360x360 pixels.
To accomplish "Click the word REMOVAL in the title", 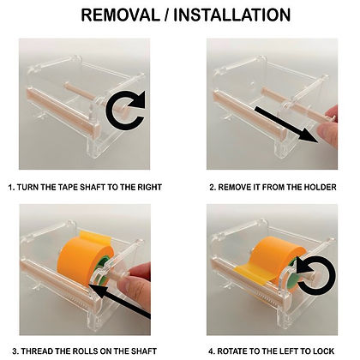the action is pyautogui.click(x=120, y=15).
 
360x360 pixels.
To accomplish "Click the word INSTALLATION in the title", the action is pyautogui.click(x=232, y=15).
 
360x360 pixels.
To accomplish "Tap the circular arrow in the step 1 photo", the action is pyautogui.click(x=125, y=110).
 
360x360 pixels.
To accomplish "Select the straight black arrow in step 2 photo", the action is pyautogui.click(x=286, y=124).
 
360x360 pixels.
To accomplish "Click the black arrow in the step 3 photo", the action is pyautogui.click(x=119, y=301).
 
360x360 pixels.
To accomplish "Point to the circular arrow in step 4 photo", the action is pyautogui.click(x=315, y=275).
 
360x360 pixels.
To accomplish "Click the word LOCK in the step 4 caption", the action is pyautogui.click(x=324, y=351).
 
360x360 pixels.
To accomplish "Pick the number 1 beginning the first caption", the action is pyautogui.click(x=11, y=188).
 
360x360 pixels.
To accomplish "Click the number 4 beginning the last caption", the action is pyautogui.click(x=211, y=351).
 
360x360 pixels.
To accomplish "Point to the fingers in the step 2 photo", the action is pyautogui.click(x=328, y=126).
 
